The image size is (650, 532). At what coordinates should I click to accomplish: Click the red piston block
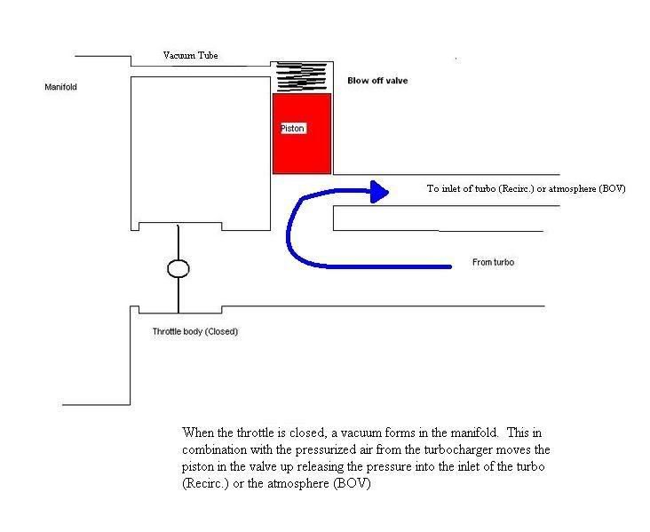302,133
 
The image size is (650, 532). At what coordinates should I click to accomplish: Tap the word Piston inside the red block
293,129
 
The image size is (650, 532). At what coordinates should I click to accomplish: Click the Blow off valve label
377,81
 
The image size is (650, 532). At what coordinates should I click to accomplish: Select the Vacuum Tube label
191,55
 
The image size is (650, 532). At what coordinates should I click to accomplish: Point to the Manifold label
60,87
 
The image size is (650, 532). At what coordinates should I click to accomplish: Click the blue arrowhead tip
388,191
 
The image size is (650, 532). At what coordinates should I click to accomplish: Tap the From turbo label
494,262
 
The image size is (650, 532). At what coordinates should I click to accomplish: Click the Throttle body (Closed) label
195,331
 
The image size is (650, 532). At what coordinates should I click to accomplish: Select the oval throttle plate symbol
178,269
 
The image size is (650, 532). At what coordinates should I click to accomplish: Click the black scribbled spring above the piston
301,76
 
